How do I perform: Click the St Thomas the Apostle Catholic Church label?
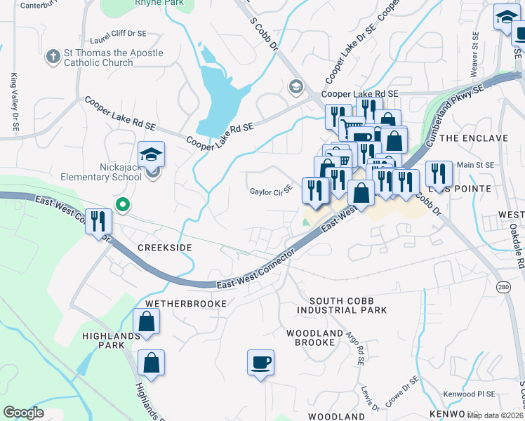pyautogui.click(x=105, y=58)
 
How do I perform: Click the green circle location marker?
pyautogui.click(x=123, y=206)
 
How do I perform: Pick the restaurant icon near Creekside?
pyautogui.click(x=98, y=222)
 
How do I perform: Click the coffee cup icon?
pyautogui.click(x=260, y=362)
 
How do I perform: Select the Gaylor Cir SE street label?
pyautogui.click(x=270, y=191)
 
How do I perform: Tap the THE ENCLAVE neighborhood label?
pyautogui.click(x=484, y=138)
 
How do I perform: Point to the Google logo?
pyautogui.click(x=23, y=413)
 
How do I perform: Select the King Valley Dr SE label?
pyautogui.click(x=13, y=102)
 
